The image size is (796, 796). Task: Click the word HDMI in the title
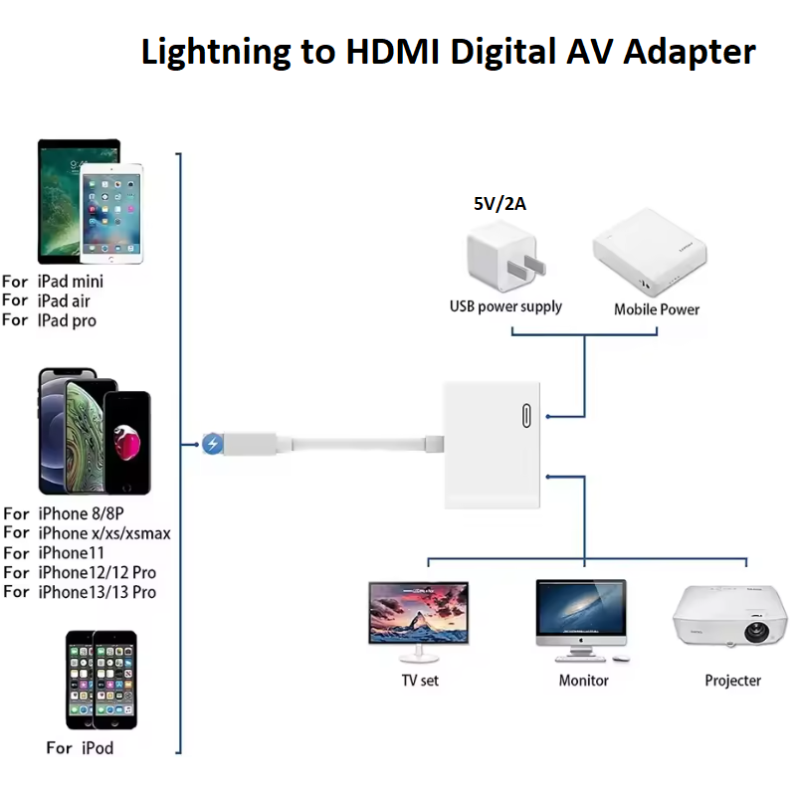tap(392, 52)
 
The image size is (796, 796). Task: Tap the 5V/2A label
tap(499, 204)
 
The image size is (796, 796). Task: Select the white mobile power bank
tap(650, 253)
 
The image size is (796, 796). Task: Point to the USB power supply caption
tap(505, 306)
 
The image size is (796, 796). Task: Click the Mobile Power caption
tap(657, 309)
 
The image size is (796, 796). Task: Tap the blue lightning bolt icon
tap(212, 444)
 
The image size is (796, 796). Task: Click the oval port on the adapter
tap(526, 416)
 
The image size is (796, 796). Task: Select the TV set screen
tap(418, 613)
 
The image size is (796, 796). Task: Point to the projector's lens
tap(756, 632)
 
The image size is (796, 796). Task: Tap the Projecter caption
tap(732, 681)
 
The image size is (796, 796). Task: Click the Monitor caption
tap(583, 681)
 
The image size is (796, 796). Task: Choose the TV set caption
tap(420, 681)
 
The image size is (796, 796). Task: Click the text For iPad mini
tap(53, 282)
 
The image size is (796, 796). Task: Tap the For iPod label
tap(80, 748)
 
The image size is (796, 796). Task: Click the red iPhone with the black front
tap(127, 442)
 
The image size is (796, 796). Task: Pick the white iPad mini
tap(111, 213)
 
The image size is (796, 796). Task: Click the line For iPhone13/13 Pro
tap(80, 592)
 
